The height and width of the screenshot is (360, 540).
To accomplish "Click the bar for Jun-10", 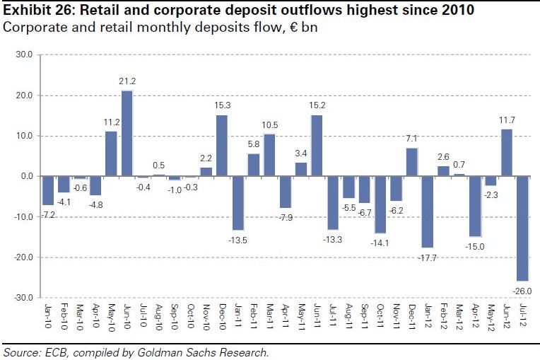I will (127, 133).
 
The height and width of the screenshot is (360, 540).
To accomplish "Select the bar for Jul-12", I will (523, 228).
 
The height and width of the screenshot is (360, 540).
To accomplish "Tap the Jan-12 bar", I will (428, 211).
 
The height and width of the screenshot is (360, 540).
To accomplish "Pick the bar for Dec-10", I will (222, 145).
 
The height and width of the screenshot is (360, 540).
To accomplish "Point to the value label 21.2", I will (128, 82).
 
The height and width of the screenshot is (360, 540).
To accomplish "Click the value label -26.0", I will (523, 290).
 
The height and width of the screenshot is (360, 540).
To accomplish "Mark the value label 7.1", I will (412, 139).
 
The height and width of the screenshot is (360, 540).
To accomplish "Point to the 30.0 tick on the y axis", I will (23, 54).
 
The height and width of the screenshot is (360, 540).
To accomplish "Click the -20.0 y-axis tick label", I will (21, 257).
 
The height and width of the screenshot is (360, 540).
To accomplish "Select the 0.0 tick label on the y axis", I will (25, 176).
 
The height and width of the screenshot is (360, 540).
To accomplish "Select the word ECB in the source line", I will (56, 352).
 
